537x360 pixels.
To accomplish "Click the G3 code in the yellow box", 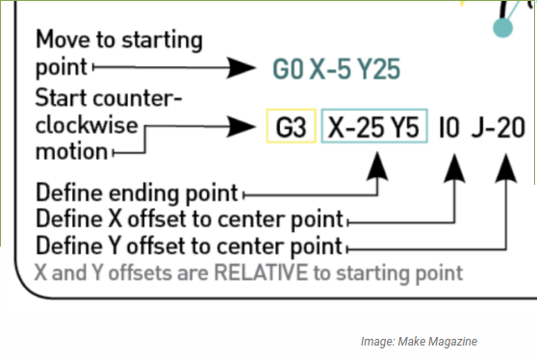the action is pos(290,127).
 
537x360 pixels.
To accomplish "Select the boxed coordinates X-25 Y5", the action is pos(373,127).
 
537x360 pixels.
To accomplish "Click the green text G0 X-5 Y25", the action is pos(336,69).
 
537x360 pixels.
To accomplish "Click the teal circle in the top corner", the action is pos(501,29).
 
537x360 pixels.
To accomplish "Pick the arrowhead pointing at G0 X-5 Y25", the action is pos(242,68).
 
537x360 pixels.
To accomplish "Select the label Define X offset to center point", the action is pos(189,217).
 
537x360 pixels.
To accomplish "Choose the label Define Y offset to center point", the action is pos(189,242).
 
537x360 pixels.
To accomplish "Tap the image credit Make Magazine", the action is pos(419,342).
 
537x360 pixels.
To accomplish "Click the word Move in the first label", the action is pos(62,40).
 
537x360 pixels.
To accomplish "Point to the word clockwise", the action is pos(85,125).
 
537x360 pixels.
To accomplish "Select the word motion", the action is pos(70,151).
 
